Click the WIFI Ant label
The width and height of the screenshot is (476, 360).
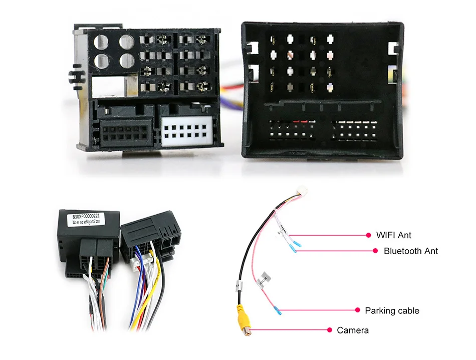pos(394,235)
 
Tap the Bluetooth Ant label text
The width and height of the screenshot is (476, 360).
pos(410,251)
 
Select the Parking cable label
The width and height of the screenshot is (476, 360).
pos(392,311)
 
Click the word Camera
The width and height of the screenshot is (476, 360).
pos(353,330)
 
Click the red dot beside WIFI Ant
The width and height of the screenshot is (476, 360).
pos(369,235)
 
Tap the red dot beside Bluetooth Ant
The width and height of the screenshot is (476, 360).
pos(375,251)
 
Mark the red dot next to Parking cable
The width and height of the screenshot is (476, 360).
pos(357,311)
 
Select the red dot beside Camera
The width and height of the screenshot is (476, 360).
pos(330,330)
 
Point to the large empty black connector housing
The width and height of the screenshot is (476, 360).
pos(323,90)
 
